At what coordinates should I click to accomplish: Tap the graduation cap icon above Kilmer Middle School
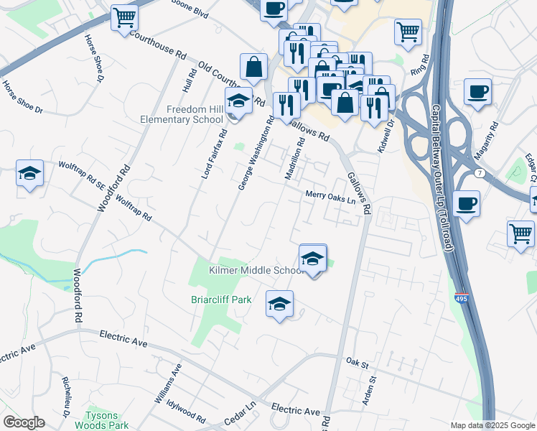(312, 259)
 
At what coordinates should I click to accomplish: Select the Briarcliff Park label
(221, 300)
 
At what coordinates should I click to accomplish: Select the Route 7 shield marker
(479, 173)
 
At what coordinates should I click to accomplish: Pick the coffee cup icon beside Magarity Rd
(477, 92)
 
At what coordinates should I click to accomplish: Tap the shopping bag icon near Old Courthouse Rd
(253, 68)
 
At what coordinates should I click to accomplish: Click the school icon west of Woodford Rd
(29, 174)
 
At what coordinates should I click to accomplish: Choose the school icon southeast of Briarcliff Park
(279, 305)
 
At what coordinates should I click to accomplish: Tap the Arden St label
(368, 388)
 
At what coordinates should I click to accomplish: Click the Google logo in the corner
(24, 422)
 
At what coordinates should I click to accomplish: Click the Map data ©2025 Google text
(492, 425)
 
